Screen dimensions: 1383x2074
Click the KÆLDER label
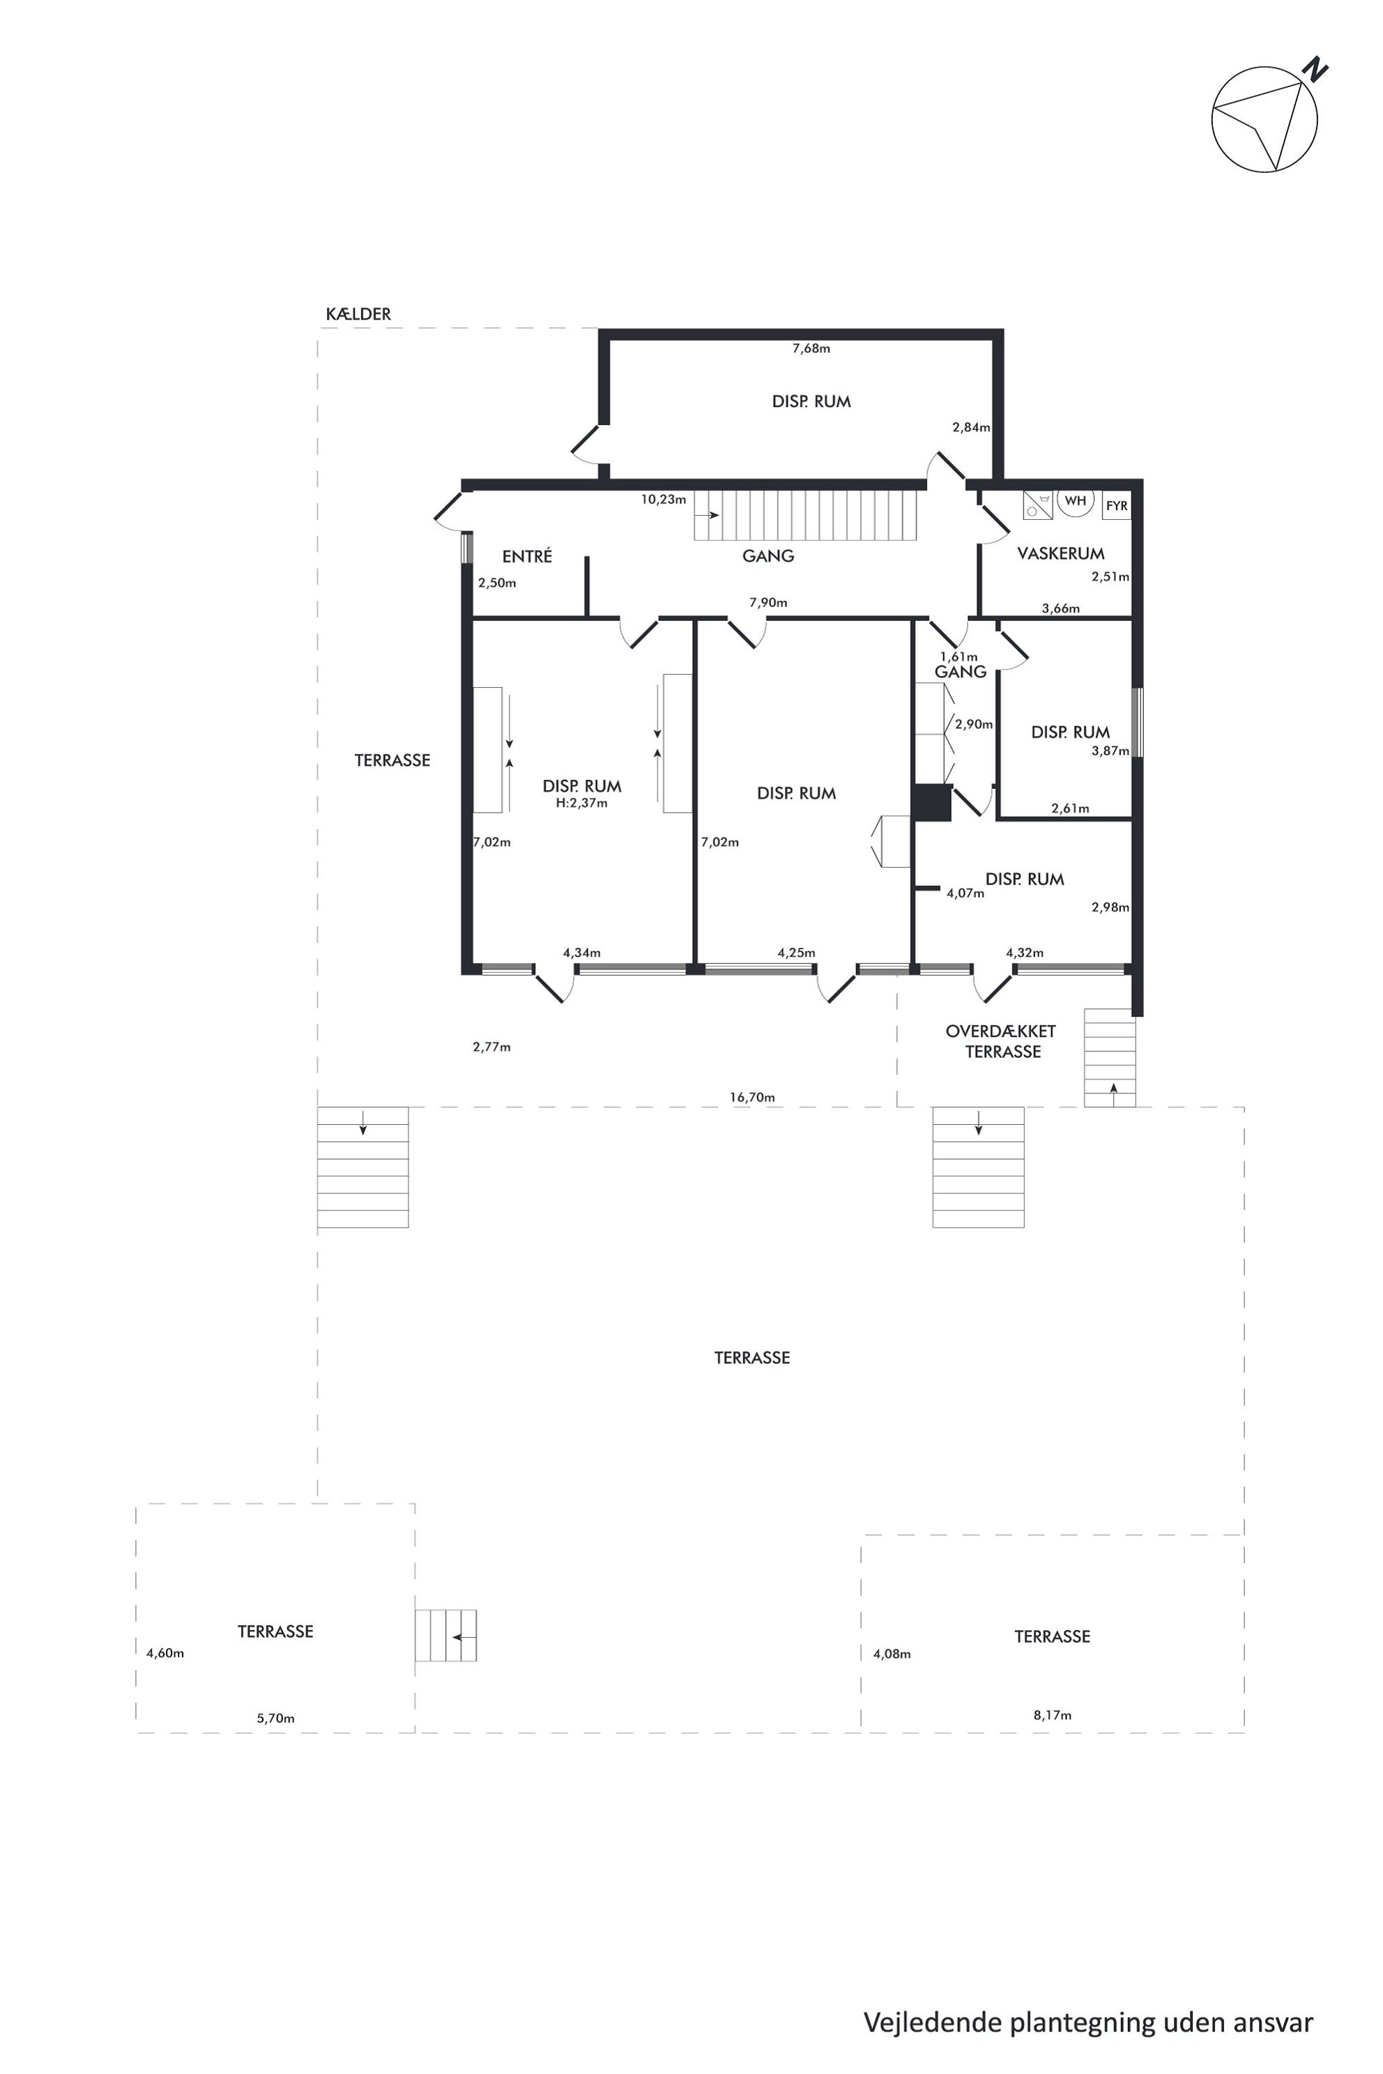pos(358,314)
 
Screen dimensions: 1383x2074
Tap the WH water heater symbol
pos(1075,502)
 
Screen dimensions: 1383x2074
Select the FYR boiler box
pos(1117,506)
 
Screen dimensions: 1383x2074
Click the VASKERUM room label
pos(1060,554)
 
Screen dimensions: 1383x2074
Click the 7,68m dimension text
pos(811,348)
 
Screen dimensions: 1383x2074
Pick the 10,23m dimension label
pos(664,499)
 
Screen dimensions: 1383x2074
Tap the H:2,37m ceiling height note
pos(581,804)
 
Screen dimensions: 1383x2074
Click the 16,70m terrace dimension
pos(752,1098)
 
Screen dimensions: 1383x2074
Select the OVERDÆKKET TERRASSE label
pos(1001,1041)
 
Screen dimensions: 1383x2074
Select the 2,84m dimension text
pos(971,428)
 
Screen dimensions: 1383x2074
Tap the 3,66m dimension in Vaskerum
pos(1060,608)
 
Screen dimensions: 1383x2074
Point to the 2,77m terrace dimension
pos(491,1047)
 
